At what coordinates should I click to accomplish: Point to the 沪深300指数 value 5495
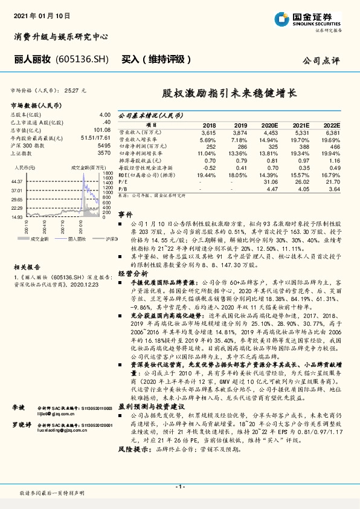(x=104, y=146)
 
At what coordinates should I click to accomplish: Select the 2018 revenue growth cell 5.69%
(x=207, y=138)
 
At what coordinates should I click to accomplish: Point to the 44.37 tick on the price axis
(x=17, y=181)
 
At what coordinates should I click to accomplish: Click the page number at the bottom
(x=179, y=487)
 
